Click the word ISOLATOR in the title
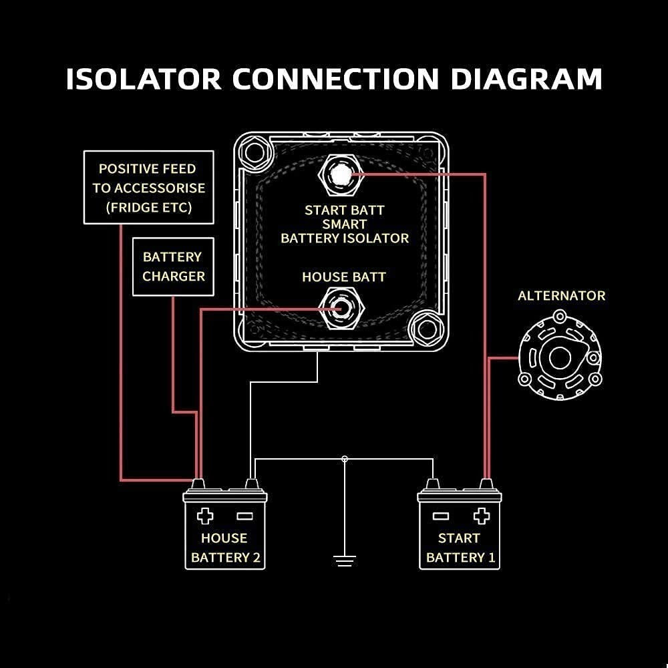tap(144, 79)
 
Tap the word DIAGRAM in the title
tap(526, 79)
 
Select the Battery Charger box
tap(173, 267)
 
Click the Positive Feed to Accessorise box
tap(148, 188)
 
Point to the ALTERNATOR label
tap(561, 295)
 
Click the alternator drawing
tap(560, 358)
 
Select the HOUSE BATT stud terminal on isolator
tap(341, 309)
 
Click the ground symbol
tap(344, 560)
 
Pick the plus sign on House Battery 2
tap(205, 516)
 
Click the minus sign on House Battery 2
tap(244, 516)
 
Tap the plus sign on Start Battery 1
tap(481, 516)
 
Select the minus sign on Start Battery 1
tap(440, 516)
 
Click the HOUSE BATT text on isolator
tap(344, 277)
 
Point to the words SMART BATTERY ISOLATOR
tap(345, 231)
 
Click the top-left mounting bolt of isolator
tap(255, 153)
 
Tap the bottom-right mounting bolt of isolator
tap(425, 329)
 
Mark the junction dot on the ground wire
tap(344, 459)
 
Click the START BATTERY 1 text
tap(460, 548)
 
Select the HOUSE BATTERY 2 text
tap(225, 548)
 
